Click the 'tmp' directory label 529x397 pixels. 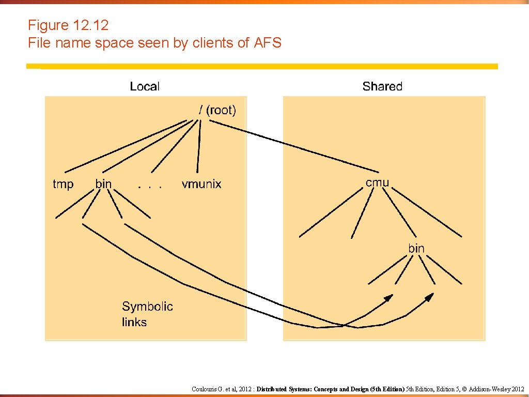point(63,184)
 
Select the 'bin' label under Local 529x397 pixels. point(103,184)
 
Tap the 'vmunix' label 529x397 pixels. point(201,184)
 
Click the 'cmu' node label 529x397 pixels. point(377,182)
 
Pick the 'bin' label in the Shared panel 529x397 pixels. point(416,248)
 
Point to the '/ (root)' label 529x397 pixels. point(217,110)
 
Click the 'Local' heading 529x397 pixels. point(145,86)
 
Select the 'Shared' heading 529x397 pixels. point(382,86)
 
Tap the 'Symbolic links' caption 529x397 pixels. point(147,314)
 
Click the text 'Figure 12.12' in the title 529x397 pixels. point(68,25)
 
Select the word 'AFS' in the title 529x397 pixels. point(268,43)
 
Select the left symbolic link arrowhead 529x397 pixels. point(388,297)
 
